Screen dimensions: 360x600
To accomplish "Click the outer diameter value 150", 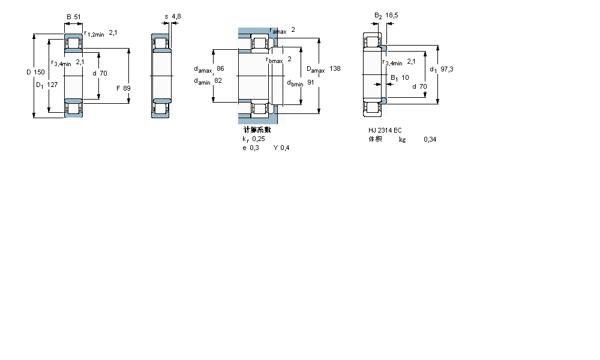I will click(40, 72).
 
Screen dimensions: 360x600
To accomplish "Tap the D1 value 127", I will click(53, 85).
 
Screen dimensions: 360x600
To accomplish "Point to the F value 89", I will click(127, 88).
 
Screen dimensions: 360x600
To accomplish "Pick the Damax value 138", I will click(335, 69).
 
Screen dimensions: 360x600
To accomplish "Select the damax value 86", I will click(220, 68).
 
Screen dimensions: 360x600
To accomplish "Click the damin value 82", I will click(218, 81).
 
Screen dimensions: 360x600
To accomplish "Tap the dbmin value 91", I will click(311, 83).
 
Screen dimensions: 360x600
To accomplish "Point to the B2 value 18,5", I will click(392, 15).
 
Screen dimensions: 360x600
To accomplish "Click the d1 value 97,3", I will click(446, 69).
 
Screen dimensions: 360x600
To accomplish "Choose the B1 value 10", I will click(405, 77).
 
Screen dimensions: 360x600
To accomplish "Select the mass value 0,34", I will click(430, 139).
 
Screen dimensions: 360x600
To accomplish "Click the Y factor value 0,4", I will click(284, 148).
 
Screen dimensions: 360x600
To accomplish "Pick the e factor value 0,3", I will click(254, 148).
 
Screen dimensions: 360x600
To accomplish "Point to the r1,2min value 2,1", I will click(113, 33).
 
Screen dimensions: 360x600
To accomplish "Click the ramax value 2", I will click(293, 29).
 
